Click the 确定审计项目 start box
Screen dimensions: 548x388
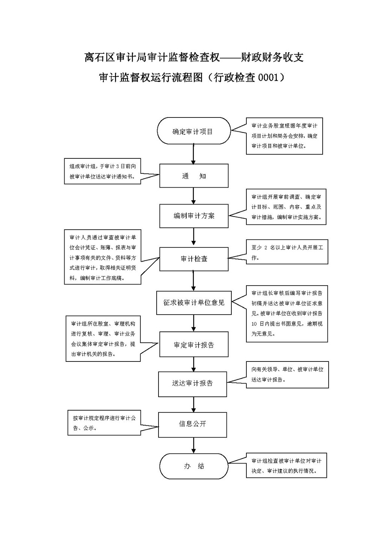[193, 131]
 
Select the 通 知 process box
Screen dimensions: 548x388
[194, 176]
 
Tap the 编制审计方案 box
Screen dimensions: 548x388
[194, 216]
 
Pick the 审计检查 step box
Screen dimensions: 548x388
[194, 259]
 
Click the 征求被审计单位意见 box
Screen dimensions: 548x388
[194, 302]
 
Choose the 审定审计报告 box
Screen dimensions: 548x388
[194, 345]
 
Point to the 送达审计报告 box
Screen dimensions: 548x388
[192, 384]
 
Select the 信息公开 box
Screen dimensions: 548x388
[192, 424]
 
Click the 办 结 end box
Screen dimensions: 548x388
[194, 466]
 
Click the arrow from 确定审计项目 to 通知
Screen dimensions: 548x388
[193, 154]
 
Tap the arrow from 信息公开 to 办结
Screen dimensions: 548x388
[194, 446]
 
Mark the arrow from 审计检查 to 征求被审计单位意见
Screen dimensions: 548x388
[193, 280]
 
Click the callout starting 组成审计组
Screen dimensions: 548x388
[102, 171]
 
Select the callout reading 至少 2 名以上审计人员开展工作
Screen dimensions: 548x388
[287, 252]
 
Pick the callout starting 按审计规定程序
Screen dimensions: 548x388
[104, 423]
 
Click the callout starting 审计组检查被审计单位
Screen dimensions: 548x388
[287, 466]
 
